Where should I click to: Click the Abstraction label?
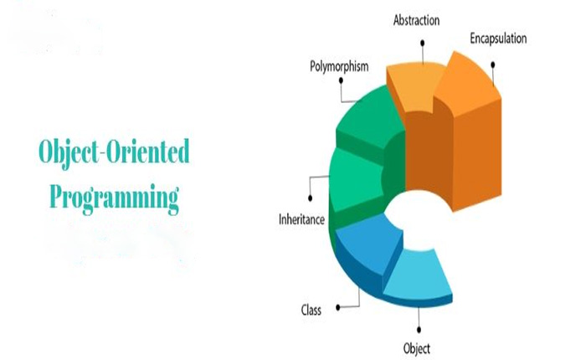point(416,20)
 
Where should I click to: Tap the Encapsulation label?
point(498,39)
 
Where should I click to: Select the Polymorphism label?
point(339,66)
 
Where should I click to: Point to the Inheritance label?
point(301,219)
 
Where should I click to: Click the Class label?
point(311,310)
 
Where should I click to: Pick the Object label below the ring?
point(417,349)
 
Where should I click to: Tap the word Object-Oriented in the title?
point(114,152)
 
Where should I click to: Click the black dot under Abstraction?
point(422,43)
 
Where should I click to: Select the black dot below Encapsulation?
point(493,65)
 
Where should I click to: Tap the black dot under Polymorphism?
point(341,80)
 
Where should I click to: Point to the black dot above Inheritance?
point(310,198)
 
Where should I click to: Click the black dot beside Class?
point(338,307)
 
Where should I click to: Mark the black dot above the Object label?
point(419,330)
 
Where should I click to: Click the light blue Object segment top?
point(418,274)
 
